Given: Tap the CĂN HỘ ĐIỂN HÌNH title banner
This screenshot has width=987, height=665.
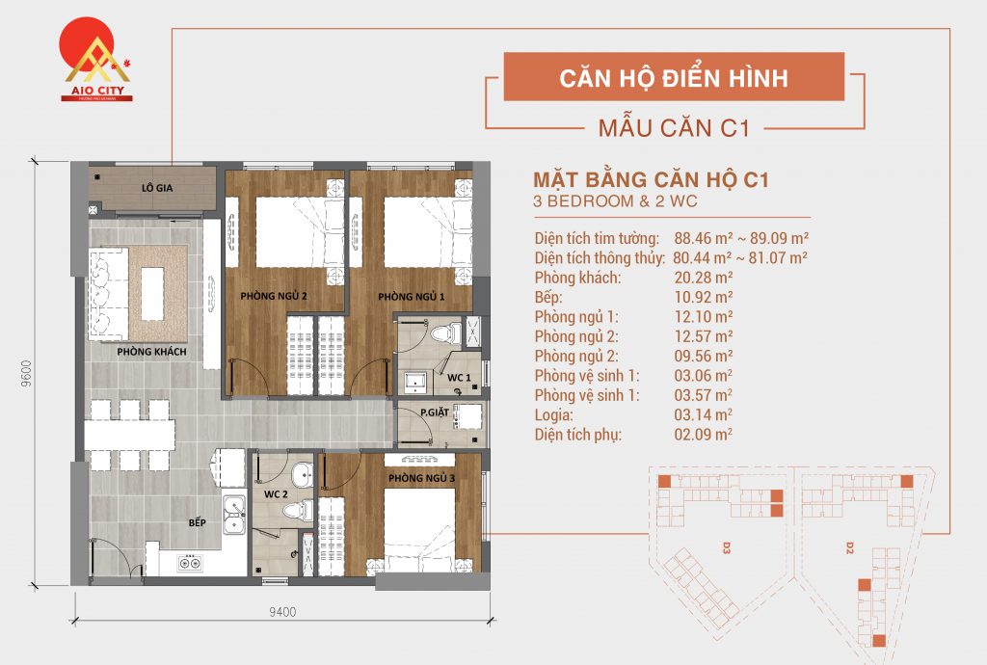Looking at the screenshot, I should (674, 77).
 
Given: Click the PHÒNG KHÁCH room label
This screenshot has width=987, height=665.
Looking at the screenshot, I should (151, 352).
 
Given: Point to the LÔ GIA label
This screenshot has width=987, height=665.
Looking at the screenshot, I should (156, 187).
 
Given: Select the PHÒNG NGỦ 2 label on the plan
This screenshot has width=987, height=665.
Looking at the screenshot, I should (274, 296).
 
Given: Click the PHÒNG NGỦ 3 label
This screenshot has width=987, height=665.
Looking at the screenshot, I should (421, 478).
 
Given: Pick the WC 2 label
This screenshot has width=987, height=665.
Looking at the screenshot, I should (276, 494).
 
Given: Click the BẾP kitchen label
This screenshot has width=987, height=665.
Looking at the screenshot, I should (198, 522).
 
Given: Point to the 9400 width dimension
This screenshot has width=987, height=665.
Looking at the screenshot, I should (281, 610).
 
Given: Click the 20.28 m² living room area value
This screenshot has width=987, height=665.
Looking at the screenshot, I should (704, 278).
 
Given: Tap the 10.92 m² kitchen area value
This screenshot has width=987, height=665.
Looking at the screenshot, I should (704, 297).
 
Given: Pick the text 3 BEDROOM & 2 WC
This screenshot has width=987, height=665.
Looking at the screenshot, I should (614, 202).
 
